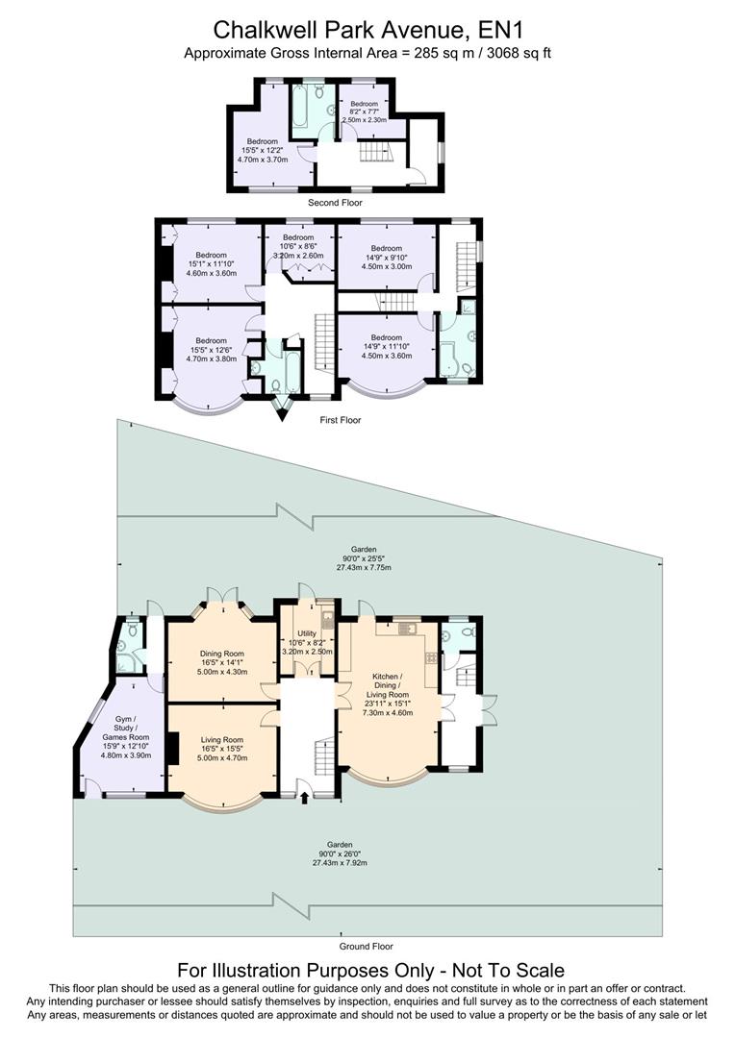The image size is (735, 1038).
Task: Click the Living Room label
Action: coord(221,748)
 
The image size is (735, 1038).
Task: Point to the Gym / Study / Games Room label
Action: coord(126,737)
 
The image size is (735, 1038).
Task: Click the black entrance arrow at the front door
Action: coord(306,796)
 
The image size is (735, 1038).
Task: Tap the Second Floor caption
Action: coord(335,203)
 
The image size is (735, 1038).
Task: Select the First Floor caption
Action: coord(341,419)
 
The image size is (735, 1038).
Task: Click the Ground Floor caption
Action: coord(367,946)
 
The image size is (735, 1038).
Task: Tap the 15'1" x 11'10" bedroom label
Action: coord(210,263)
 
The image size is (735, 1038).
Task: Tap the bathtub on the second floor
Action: coord(298,111)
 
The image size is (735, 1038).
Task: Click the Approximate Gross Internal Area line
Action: coord(367,54)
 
